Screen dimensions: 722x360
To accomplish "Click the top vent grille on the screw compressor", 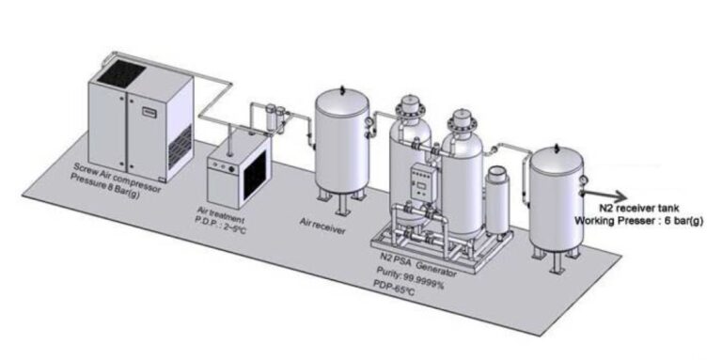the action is point(120,69).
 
